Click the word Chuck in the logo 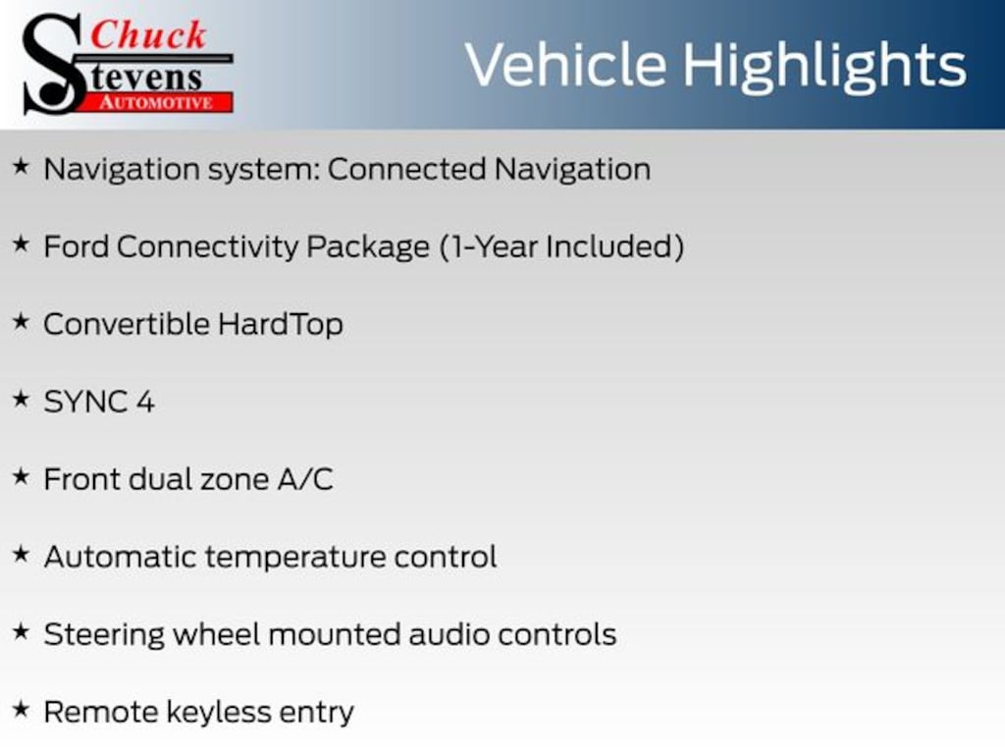[x=148, y=34]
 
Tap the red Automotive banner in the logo [x=156, y=102]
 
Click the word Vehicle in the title [x=566, y=65]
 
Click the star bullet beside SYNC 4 [x=22, y=399]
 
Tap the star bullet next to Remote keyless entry [x=22, y=709]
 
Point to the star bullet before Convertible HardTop [x=22, y=321]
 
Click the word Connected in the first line [x=407, y=169]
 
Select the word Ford [x=77, y=246]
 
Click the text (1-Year [x=489, y=246]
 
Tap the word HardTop [x=280, y=324]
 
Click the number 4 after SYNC [x=145, y=402]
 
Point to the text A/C [x=305, y=479]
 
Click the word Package [x=368, y=247]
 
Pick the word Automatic [x=121, y=557]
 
